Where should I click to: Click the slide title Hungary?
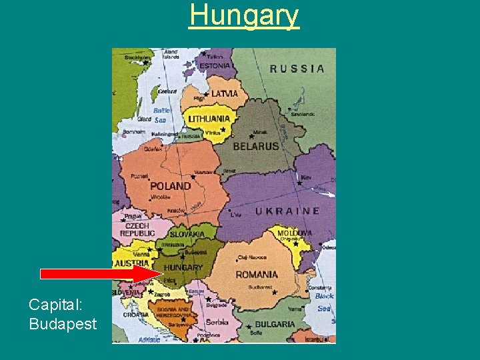pyautogui.click(x=244, y=15)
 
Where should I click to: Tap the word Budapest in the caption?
pyautogui.click(x=63, y=324)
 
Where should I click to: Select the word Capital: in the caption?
pyautogui.click(x=55, y=305)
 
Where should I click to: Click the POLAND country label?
pyautogui.click(x=170, y=186)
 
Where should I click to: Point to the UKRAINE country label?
pyautogui.click(x=287, y=211)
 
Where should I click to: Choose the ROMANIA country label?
pyautogui.click(x=257, y=274)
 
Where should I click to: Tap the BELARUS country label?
pyautogui.click(x=255, y=147)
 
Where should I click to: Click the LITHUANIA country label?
pyautogui.click(x=209, y=119)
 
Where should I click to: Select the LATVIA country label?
pyautogui.click(x=224, y=94)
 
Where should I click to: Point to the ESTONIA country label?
pyautogui.click(x=215, y=66)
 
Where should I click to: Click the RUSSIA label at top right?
pyautogui.click(x=297, y=69)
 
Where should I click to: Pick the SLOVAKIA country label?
pyautogui.click(x=187, y=234)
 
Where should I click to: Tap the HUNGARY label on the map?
pyautogui.click(x=183, y=267)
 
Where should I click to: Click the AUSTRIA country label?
pyautogui.click(x=132, y=264)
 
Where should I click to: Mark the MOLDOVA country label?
pyautogui.click(x=294, y=233)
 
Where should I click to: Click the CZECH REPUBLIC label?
pyautogui.click(x=137, y=230)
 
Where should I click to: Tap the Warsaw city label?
pyautogui.click(x=203, y=173)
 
